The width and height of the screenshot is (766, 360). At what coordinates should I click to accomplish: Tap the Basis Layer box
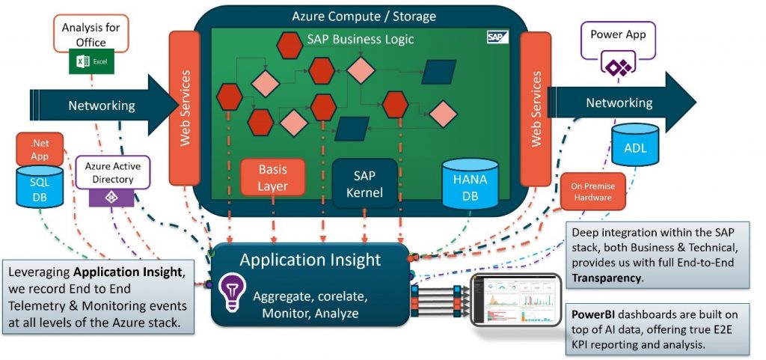click(x=272, y=177)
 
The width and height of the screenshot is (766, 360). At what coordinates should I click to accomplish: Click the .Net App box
click(x=39, y=150)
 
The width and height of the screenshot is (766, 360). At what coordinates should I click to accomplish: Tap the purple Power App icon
click(x=618, y=67)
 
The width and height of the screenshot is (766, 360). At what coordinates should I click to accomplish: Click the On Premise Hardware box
click(x=592, y=192)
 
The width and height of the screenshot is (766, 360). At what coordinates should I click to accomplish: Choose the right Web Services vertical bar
click(x=536, y=109)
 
